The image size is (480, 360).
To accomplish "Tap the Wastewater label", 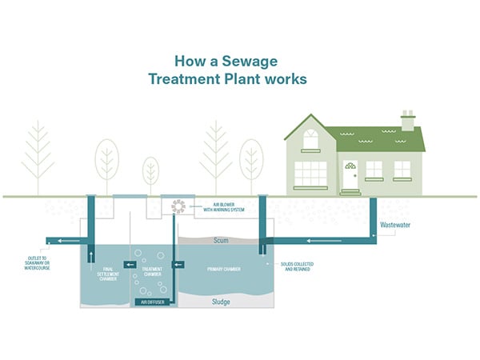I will click(395, 226).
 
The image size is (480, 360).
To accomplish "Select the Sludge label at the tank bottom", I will click(221, 302).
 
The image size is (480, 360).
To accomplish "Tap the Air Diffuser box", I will click(154, 302).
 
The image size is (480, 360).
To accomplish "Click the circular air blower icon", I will click(179, 206).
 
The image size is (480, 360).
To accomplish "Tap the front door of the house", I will click(350, 177).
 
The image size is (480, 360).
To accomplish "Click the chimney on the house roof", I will click(408, 120).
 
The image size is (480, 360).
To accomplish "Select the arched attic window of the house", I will click(310, 140).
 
